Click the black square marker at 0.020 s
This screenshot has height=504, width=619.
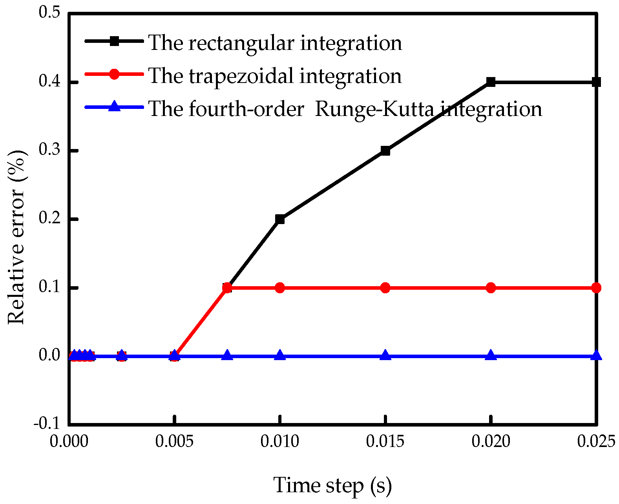point(491,82)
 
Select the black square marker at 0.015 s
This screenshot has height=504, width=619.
point(385,151)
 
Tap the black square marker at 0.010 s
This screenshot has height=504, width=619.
point(280,219)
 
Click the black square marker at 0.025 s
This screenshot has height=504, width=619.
point(596,82)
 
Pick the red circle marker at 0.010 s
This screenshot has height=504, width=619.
point(280,288)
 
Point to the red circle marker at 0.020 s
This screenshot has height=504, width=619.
point(491,288)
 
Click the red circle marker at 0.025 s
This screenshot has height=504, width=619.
point(596,288)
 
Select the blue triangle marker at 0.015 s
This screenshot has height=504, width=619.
point(385,355)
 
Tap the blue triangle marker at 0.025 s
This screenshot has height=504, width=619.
point(596,355)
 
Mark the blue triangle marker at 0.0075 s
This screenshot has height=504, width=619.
point(227,355)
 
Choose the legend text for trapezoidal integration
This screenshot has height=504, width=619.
point(275,75)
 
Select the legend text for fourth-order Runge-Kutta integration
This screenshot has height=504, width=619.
point(345,109)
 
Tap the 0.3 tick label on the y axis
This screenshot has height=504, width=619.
point(49,151)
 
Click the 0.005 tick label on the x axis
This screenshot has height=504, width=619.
point(174,441)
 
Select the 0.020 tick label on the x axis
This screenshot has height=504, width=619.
point(491,441)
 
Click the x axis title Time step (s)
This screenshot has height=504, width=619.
point(332,485)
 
